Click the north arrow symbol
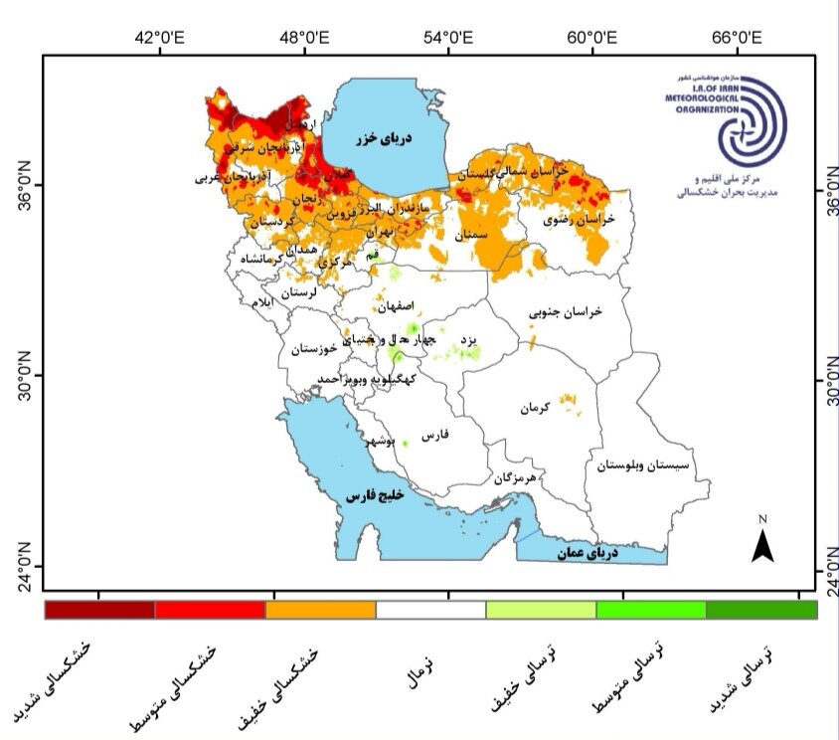pyautogui.click(x=762, y=543)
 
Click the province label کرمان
pyautogui.click(x=534, y=409)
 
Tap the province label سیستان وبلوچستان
pyautogui.click(x=644, y=464)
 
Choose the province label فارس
pyautogui.click(x=436, y=436)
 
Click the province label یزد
pyautogui.click(x=471, y=340)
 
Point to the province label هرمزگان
pyautogui.click(x=515, y=478)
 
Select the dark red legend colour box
pyautogui.click(x=99, y=610)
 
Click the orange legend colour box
pyautogui.click(x=320, y=610)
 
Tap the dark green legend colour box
pyautogui.click(x=760, y=610)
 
